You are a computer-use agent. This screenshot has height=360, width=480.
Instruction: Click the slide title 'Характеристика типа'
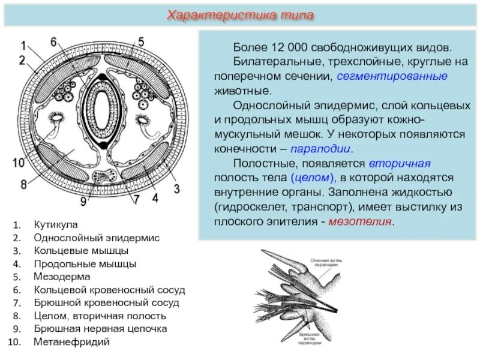pos(240,14)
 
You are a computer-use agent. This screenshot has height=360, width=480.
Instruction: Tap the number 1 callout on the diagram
pos(23,46)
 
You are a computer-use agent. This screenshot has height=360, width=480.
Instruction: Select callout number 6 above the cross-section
pos(53,42)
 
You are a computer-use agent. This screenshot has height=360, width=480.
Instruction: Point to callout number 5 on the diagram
pos(141,42)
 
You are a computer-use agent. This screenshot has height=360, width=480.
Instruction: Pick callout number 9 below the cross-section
pos(83,202)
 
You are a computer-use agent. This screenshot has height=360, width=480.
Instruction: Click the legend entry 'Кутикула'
pos(56,224)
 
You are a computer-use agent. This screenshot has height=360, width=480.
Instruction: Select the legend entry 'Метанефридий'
pos(72,342)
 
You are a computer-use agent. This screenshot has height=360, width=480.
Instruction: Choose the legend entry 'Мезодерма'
pos(62,277)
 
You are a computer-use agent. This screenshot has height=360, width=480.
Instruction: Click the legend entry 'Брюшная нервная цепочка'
pos(100,329)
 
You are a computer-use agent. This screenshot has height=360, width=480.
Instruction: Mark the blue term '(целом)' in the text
pos(313,178)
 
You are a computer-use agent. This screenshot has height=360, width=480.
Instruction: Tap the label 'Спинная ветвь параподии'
pos(327,263)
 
